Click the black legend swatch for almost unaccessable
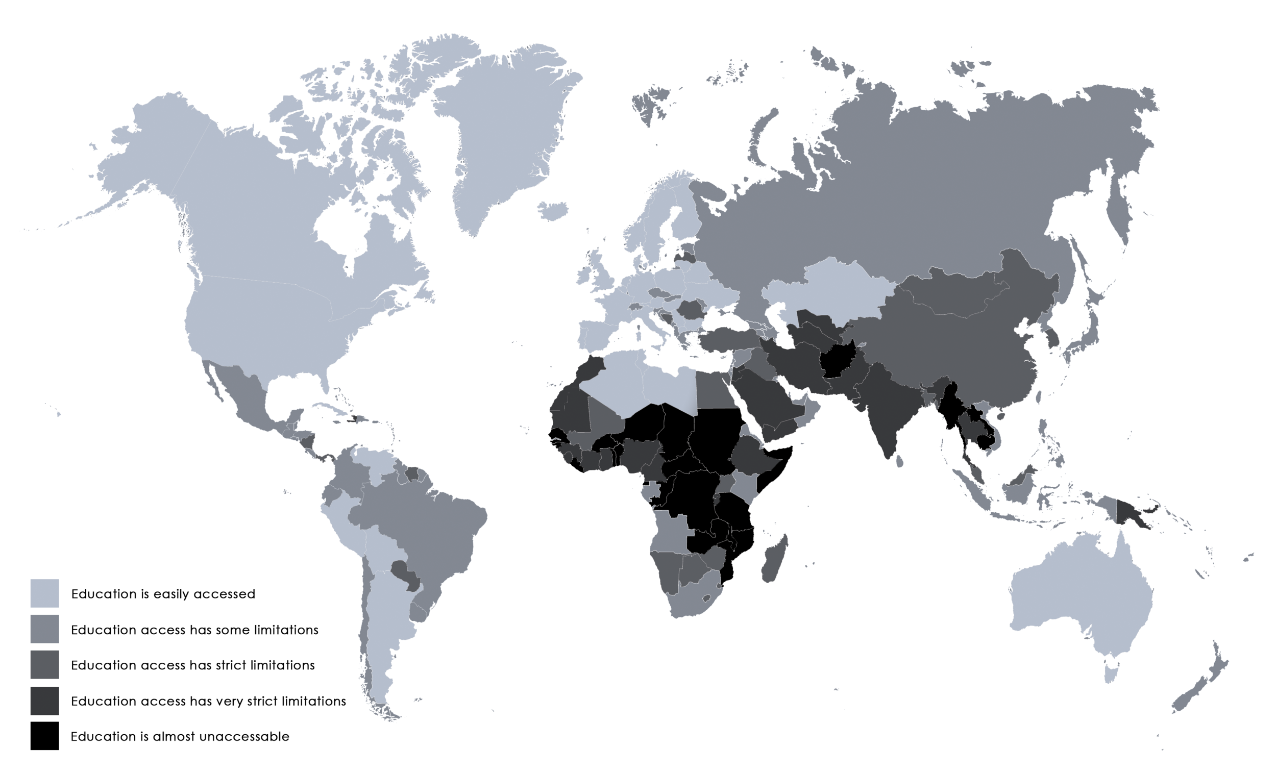click(x=44, y=735)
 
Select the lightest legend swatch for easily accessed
click(x=44, y=593)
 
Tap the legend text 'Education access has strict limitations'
click(x=192, y=665)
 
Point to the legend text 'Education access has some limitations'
click(x=194, y=630)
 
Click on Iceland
click(x=553, y=211)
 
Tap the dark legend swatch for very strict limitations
click(x=44, y=701)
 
